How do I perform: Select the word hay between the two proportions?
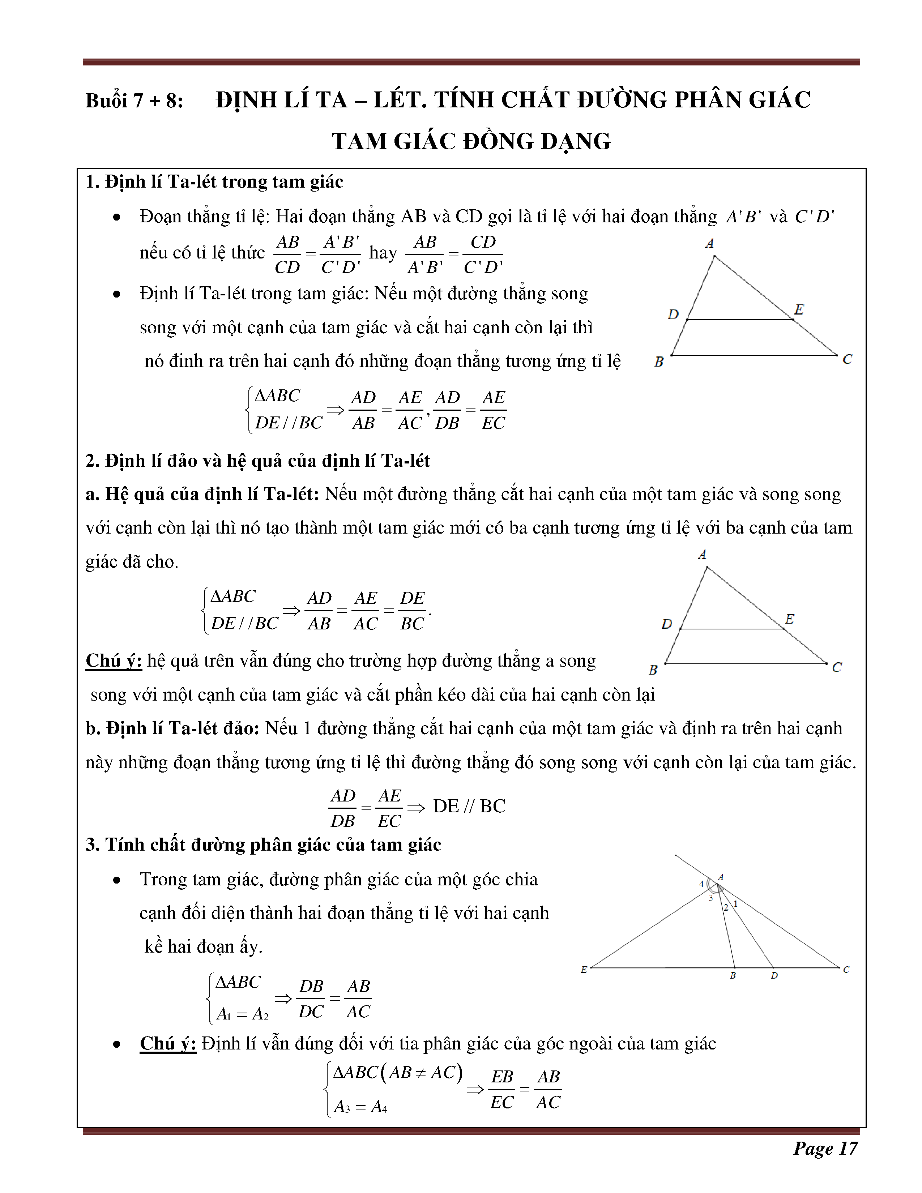coord(383,253)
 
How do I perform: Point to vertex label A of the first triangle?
coord(709,244)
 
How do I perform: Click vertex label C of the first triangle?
coord(847,359)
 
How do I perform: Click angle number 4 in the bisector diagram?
coord(701,884)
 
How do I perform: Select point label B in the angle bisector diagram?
coord(733,976)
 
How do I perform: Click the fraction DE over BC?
coord(413,611)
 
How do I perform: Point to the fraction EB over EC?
coord(502,1089)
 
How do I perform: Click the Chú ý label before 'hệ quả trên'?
coord(114,661)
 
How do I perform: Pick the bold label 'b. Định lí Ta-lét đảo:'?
coord(172,729)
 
